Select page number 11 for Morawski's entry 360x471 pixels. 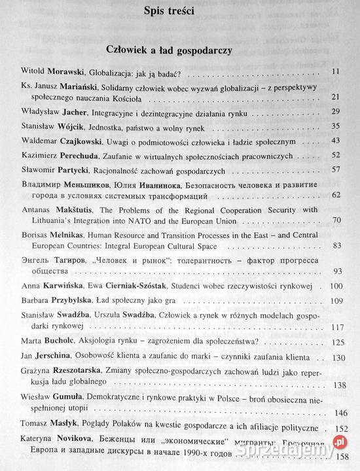pyautogui.click(x=337, y=71)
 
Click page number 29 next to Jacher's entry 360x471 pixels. pyautogui.click(x=336, y=112)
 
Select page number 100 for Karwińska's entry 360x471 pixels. pyautogui.click(x=335, y=286)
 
